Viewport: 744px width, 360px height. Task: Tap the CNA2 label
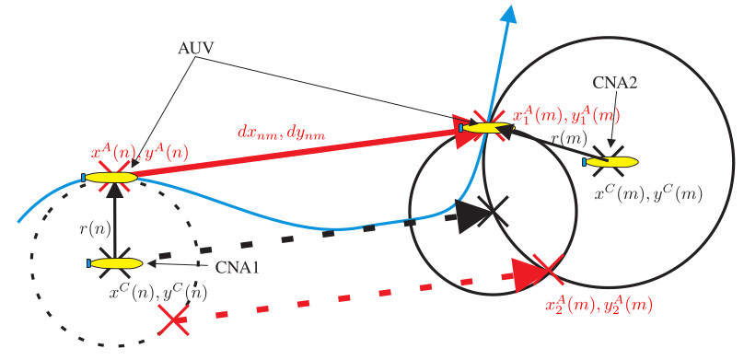pos(614,83)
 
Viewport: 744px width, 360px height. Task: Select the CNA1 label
pos(238,268)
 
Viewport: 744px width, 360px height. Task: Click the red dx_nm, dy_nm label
pos(282,132)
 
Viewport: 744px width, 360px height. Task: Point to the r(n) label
pos(95,229)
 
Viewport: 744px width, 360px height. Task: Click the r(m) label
pos(569,139)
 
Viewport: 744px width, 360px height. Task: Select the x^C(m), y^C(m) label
pos(648,193)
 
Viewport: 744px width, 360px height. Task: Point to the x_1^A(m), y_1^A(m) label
pos(567,116)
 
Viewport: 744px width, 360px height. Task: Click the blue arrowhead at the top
pos(510,15)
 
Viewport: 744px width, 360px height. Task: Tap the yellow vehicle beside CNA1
pos(115,263)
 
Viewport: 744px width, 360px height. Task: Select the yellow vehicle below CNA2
pos(610,162)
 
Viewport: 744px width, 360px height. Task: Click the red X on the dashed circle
pos(173,321)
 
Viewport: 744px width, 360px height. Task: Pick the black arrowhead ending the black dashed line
pos(470,216)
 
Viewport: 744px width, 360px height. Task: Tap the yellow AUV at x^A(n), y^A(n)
pos(110,178)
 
